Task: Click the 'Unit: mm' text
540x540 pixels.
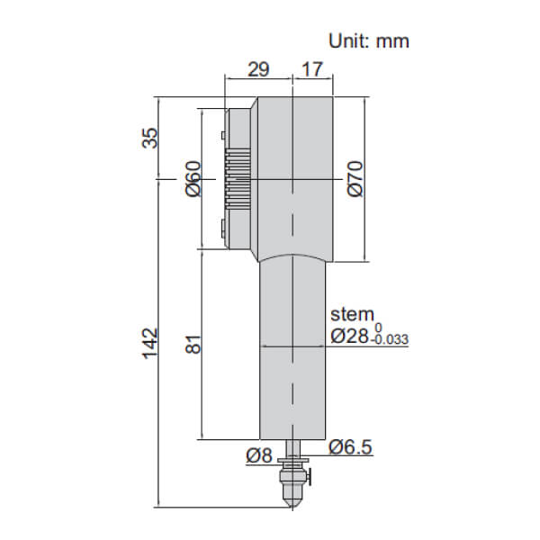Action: (x=368, y=40)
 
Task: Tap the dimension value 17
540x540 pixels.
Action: (x=313, y=68)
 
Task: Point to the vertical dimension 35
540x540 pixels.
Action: (x=150, y=138)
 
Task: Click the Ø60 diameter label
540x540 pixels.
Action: (x=191, y=179)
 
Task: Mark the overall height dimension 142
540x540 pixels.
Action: (x=150, y=340)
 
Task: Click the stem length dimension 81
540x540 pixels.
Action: (x=191, y=345)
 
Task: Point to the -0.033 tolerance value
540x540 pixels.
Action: (x=391, y=341)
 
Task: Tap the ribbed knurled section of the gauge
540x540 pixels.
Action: (x=239, y=179)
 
